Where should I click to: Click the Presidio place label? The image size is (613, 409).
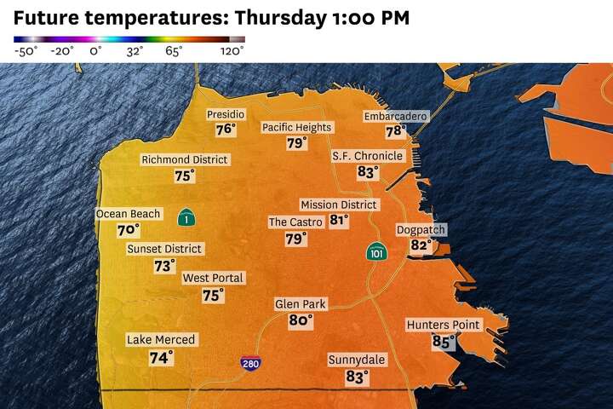[226, 114]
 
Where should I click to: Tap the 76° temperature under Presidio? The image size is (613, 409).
[225, 130]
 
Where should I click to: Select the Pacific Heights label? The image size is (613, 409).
[296, 127]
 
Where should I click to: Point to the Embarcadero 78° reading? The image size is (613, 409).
[394, 131]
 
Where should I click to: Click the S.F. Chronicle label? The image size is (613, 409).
[367, 156]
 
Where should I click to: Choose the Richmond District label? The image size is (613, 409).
[185, 159]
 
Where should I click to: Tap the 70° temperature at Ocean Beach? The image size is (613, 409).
[128, 230]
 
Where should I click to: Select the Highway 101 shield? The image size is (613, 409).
[376, 252]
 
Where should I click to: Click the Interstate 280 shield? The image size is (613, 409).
[250, 362]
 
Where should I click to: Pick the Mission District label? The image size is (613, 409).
[339, 204]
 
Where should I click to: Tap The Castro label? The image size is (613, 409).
[295, 222]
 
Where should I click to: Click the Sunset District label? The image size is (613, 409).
[165, 249]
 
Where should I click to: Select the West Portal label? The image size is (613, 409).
[213, 278]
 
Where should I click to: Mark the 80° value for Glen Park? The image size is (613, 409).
[300, 320]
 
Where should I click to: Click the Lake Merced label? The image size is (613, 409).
[161, 339]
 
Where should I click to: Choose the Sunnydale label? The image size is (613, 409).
[357, 360]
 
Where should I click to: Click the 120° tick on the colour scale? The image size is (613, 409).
[232, 51]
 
